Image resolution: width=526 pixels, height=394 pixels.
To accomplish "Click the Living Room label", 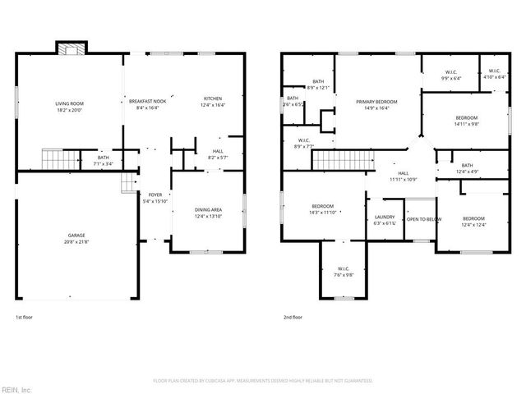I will [70, 103].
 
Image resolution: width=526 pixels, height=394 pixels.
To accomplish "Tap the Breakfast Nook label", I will [148, 100].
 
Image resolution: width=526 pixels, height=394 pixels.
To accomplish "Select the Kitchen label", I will [213, 98].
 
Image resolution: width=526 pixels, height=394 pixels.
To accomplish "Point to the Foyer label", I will [155, 195].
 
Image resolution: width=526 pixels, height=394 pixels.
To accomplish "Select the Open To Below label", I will [424, 219].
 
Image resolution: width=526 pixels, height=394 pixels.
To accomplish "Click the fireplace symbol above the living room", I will [68, 48].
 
